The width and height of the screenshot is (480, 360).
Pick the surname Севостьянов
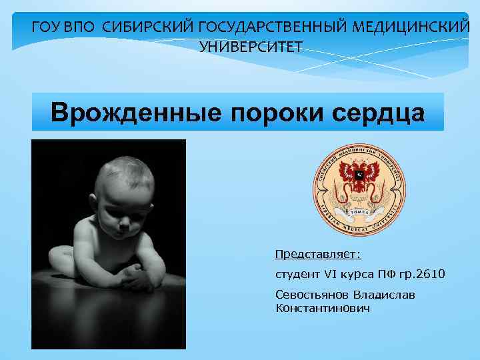(311, 295)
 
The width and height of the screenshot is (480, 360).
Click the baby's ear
(97, 199)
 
